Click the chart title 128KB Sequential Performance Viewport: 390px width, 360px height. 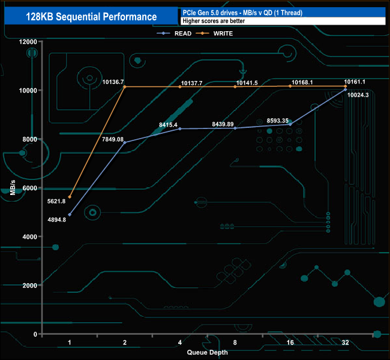[x=92, y=17]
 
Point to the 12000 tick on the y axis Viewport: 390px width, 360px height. [x=27, y=41]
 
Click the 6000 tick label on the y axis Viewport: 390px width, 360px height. [x=29, y=188]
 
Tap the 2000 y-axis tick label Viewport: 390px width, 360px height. [x=29, y=285]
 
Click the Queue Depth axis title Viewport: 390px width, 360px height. [x=207, y=352]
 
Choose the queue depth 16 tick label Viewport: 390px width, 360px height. [x=290, y=343]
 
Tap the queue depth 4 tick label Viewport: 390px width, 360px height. [x=179, y=343]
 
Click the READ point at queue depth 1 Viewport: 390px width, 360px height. [x=70, y=215]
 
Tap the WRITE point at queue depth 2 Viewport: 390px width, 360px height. [x=125, y=87]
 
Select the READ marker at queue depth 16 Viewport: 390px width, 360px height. [x=290, y=124]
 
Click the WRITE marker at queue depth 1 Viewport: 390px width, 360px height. [x=70, y=197]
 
